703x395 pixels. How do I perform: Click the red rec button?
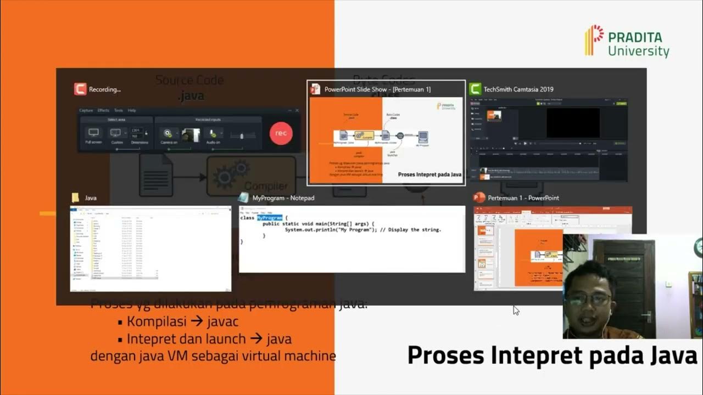[x=281, y=133]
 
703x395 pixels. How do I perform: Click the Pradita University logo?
[x=627, y=41]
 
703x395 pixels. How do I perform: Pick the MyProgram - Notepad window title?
[x=283, y=198]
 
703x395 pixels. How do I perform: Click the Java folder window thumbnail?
[x=150, y=249]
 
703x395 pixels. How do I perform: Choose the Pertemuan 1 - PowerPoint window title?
[x=523, y=198]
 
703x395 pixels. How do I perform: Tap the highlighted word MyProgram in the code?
[x=269, y=218]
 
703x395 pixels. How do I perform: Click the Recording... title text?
[x=104, y=89]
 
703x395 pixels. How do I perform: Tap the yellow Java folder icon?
[x=76, y=198]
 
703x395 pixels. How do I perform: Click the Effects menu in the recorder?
[x=103, y=110]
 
